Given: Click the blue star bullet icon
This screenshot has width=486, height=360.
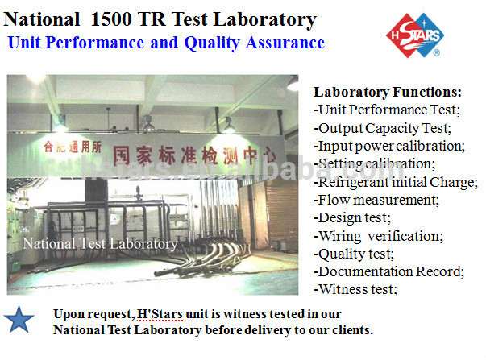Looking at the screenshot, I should (19, 321).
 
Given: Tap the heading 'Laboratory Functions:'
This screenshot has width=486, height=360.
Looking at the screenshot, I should (387, 92).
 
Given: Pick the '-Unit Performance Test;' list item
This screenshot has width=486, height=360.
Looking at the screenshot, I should (385, 110).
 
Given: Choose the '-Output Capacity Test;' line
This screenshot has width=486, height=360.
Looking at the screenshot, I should (381, 128).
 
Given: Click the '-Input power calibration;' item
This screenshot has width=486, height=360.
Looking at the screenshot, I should (388, 146).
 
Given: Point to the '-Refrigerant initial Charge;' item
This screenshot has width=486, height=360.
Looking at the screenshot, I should (395, 181).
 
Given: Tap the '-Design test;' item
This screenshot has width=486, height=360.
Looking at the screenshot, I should (352, 217).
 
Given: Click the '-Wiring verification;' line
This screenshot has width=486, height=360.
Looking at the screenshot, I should (377, 236).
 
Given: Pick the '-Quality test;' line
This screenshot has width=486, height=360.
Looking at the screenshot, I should (354, 254).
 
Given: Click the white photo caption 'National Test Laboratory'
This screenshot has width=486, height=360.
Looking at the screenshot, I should (100, 243).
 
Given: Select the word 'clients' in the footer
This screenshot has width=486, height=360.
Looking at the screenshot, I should (350, 330).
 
